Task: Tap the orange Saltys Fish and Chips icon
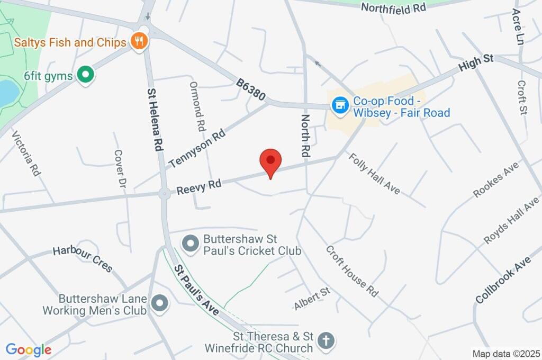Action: click(139, 41)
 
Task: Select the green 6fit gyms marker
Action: click(85, 75)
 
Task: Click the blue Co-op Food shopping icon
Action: click(339, 105)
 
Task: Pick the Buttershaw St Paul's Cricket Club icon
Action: click(190, 244)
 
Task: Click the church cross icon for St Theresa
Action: click(327, 340)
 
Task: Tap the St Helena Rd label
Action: click(155, 120)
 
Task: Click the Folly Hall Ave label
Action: click(374, 173)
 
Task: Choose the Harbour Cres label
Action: click(83, 259)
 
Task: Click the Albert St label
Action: click(312, 299)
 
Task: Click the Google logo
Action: click(29, 349)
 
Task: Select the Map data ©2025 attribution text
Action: click(505, 353)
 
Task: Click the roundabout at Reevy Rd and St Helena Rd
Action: click(164, 194)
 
